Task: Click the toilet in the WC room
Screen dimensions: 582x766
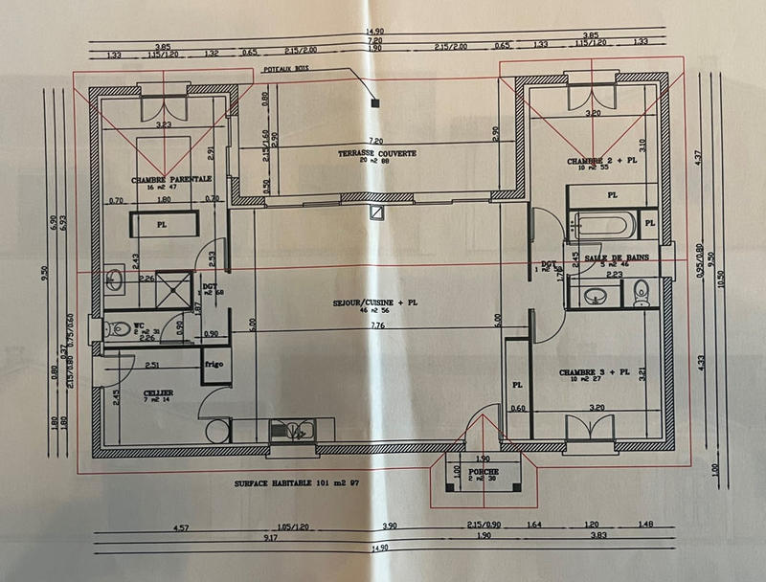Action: (121, 328)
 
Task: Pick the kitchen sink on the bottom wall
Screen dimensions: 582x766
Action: (292, 431)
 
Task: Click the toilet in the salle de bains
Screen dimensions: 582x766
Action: (642, 292)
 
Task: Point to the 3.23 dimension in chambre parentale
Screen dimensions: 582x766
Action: (163, 124)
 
